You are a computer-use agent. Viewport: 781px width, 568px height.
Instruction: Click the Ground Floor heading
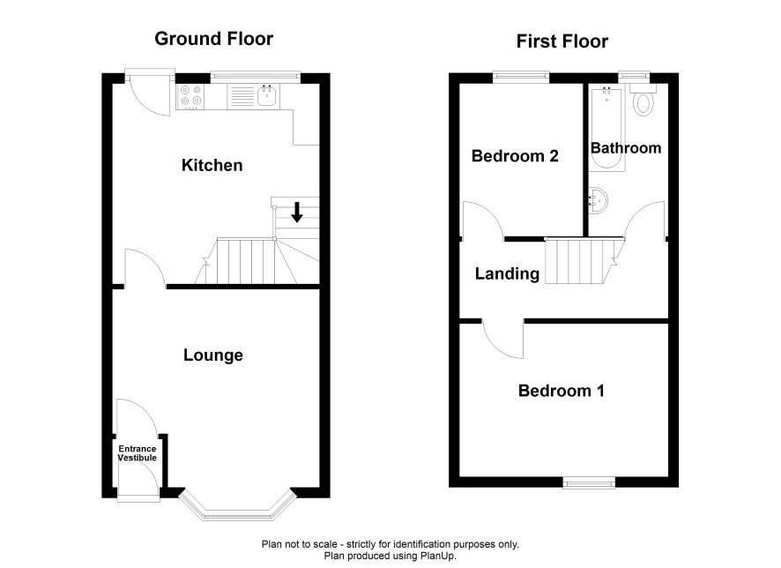tap(213, 39)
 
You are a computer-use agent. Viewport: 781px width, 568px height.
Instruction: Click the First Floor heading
tap(562, 41)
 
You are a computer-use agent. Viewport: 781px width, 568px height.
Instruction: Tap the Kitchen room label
tap(212, 165)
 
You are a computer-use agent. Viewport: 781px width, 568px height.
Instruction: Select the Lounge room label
tap(213, 355)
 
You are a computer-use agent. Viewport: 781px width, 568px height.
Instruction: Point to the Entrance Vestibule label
tap(137, 453)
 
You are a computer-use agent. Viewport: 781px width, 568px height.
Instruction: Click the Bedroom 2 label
tap(515, 156)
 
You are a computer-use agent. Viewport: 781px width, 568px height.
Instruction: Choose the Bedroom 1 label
tap(562, 391)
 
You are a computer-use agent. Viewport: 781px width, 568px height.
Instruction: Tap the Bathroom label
tap(626, 148)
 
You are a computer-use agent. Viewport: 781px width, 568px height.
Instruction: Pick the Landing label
tap(507, 273)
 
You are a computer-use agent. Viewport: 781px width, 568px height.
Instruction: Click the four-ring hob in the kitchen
tap(190, 96)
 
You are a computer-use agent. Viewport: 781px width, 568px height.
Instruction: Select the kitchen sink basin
tap(267, 95)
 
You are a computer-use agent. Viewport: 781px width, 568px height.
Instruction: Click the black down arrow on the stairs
tap(297, 213)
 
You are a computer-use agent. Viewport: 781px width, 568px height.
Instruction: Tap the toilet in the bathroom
tap(643, 101)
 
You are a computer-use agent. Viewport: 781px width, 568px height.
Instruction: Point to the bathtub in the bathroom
tap(606, 129)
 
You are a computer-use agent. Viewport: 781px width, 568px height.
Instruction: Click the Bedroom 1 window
tap(589, 482)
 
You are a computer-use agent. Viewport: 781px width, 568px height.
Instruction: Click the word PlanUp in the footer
tap(438, 556)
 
